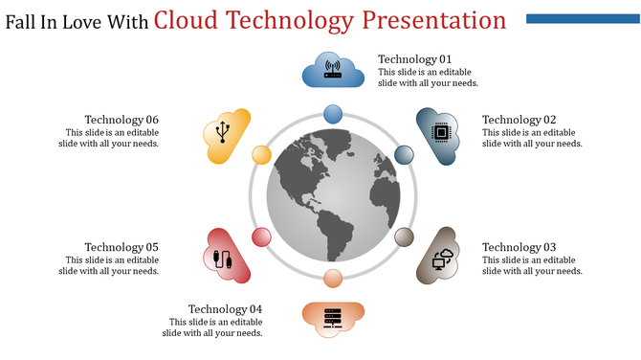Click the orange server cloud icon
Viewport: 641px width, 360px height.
pyautogui.click(x=333, y=318)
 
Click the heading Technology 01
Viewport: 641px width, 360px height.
pyautogui.click(x=414, y=59)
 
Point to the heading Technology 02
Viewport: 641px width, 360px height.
pyautogui.click(x=519, y=120)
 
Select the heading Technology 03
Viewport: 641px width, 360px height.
pyautogui.click(x=519, y=247)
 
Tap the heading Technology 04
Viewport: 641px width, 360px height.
pyautogui.click(x=225, y=309)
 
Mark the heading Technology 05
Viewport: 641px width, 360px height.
pyautogui.click(x=122, y=247)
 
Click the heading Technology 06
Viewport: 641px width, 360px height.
pyautogui.click(x=122, y=120)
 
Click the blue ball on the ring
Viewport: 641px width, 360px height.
pyautogui.click(x=333, y=114)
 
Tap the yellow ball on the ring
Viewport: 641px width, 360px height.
pyautogui.click(x=261, y=155)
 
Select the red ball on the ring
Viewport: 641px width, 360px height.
pyautogui.click(x=261, y=237)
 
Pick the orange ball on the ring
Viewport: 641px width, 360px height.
pyautogui.click(x=333, y=279)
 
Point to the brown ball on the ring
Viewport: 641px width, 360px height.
pyautogui.click(x=405, y=237)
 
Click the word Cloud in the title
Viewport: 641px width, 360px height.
pyautogui.click(x=186, y=20)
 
